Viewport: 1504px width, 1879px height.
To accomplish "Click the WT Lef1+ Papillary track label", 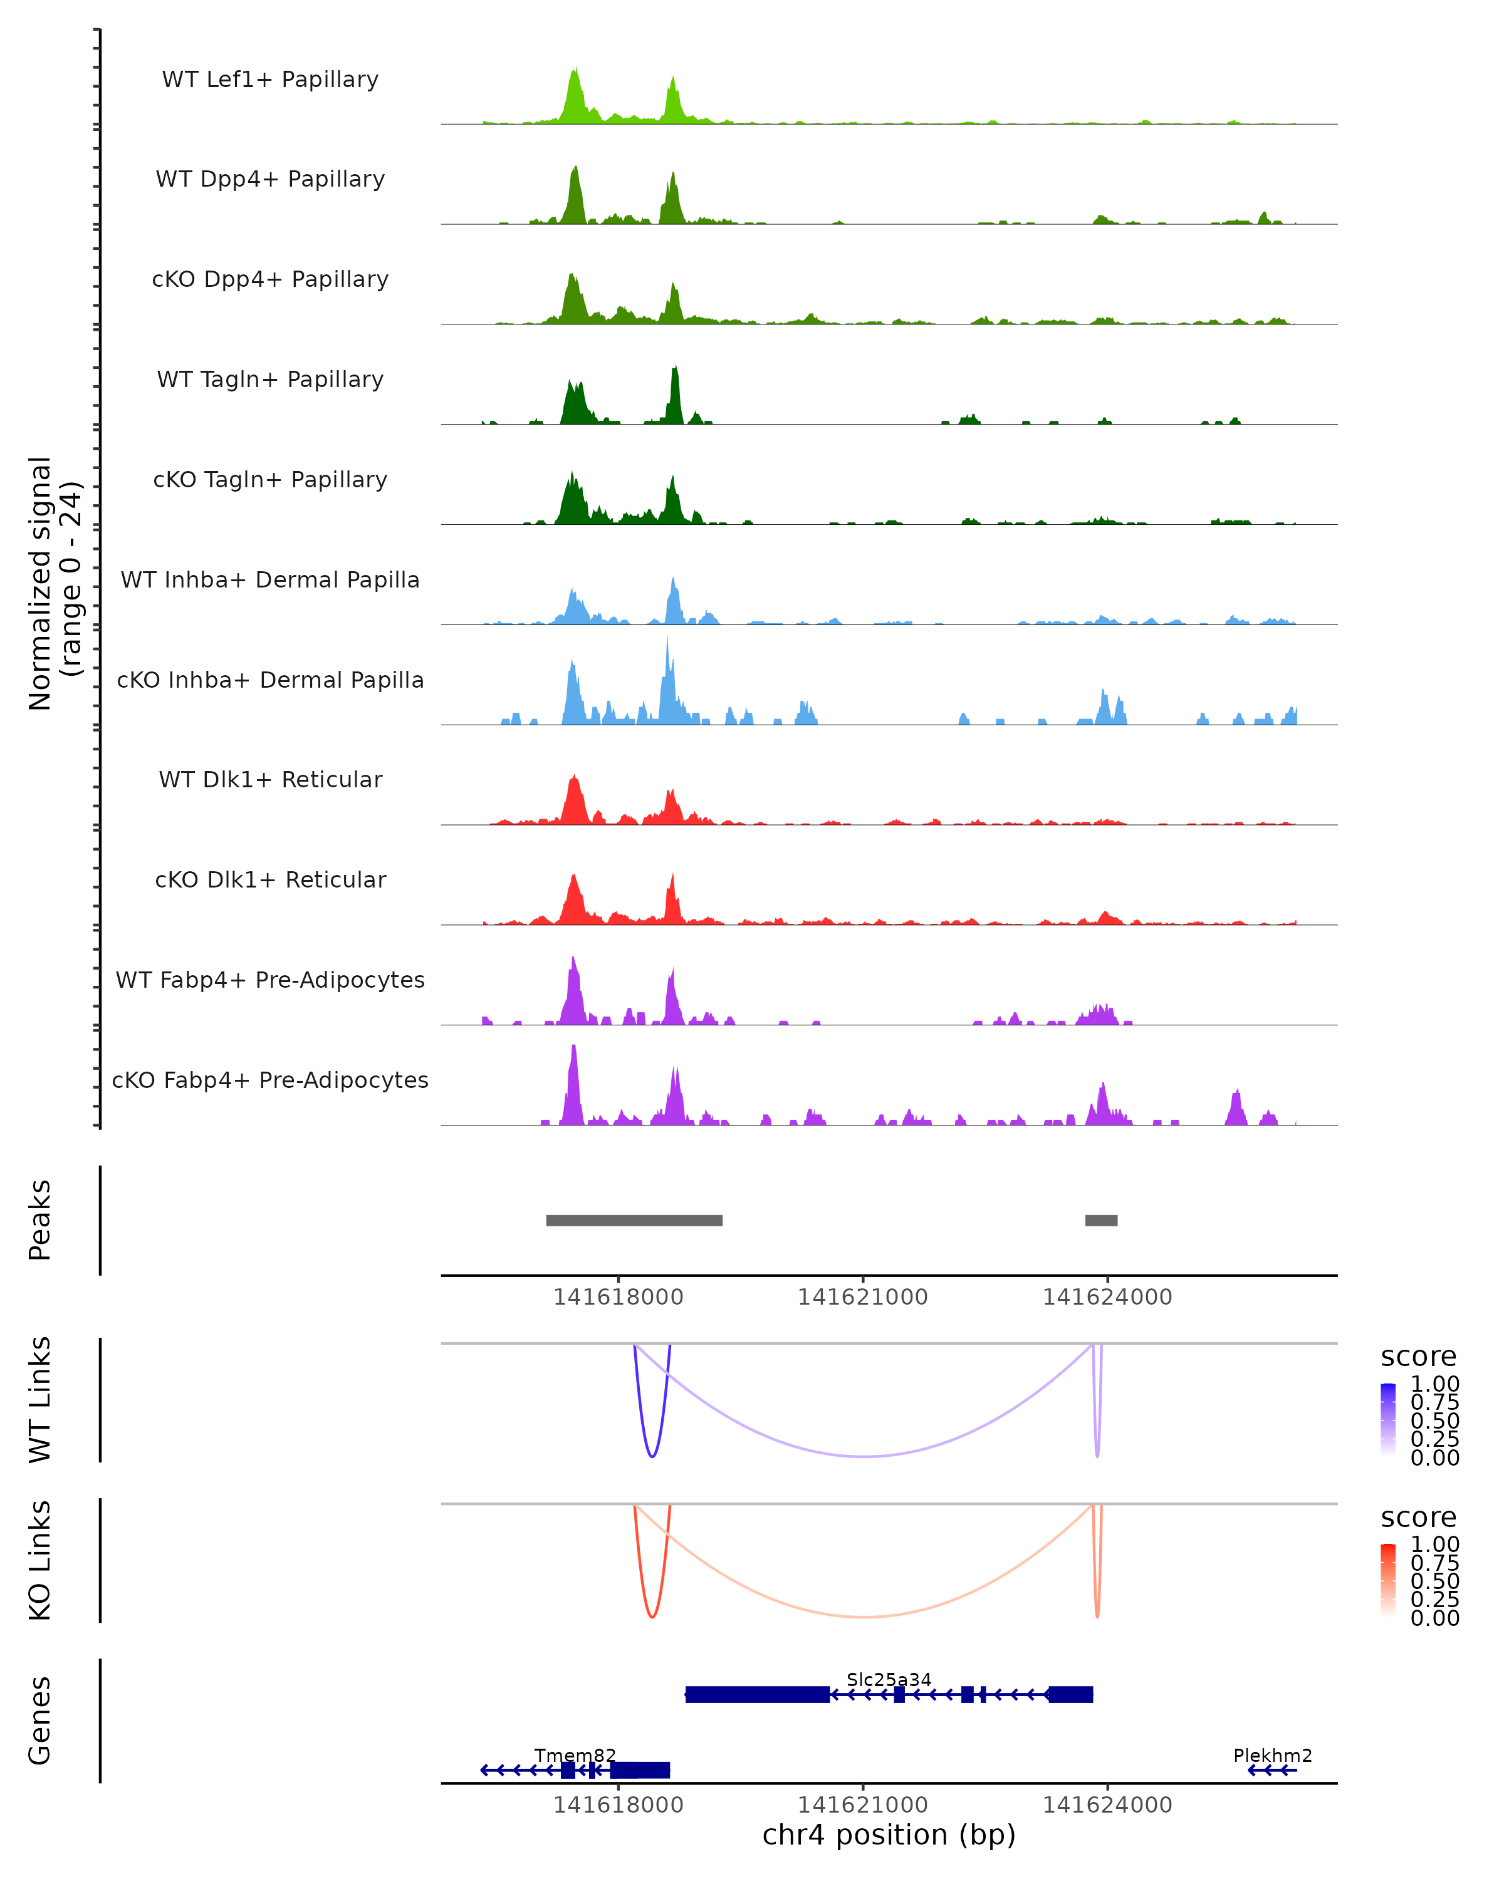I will (x=270, y=80).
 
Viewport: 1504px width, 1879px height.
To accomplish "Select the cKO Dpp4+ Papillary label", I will (x=270, y=280).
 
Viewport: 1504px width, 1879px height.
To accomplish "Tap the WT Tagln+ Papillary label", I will (x=270, y=380).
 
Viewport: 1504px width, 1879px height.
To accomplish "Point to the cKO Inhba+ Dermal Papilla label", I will (x=270, y=681).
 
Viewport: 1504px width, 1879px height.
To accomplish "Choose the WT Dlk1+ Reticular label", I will (x=270, y=780).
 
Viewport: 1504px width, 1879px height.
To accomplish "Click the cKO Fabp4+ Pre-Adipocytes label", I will (x=270, y=1080).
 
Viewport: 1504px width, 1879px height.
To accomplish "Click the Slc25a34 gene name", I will (x=889, y=1679).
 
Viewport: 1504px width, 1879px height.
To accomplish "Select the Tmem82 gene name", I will (x=575, y=1755).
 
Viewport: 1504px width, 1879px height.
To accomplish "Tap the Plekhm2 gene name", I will (x=1272, y=1755).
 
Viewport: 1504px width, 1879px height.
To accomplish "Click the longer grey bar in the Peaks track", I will (x=634, y=1220).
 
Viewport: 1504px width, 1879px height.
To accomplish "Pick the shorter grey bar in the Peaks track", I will (x=1101, y=1220).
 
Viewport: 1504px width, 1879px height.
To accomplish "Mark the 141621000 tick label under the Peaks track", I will (x=862, y=1298).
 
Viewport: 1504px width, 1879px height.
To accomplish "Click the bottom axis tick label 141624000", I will (x=1107, y=1805).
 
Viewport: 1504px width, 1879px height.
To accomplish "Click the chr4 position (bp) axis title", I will (x=889, y=1835).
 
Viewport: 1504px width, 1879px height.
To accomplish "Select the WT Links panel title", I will (x=40, y=1400).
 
